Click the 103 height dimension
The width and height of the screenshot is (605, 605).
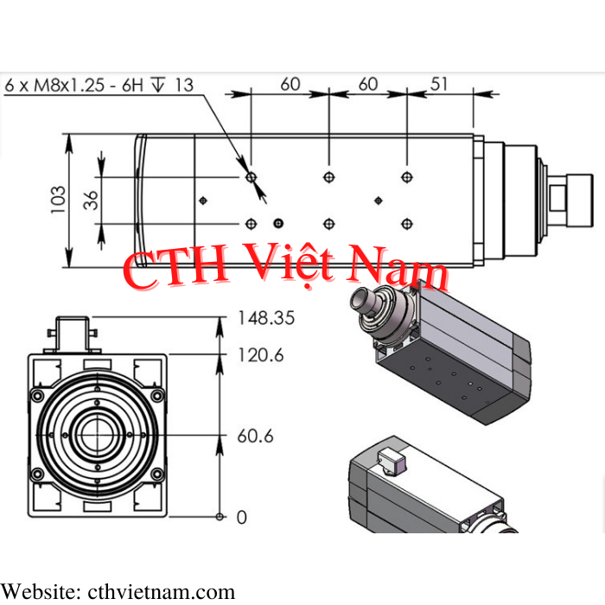click(58, 200)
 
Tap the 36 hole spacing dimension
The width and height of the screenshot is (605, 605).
click(91, 200)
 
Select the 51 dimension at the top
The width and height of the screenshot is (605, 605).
click(439, 84)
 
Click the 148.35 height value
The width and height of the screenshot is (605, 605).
click(266, 318)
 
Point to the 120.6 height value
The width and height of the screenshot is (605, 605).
click(261, 355)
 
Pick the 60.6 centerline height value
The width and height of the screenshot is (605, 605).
click(255, 436)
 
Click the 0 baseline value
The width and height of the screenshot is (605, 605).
click(241, 517)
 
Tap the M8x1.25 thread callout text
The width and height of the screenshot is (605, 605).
click(69, 86)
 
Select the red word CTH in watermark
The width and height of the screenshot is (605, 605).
click(175, 267)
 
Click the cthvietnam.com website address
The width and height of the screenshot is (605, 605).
click(162, 592)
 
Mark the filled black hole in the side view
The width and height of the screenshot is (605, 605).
click(278, 223)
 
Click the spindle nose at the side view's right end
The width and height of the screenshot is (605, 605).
click(571, 201)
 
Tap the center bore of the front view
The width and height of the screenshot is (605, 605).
click(97, 435)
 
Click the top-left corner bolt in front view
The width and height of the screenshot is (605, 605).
click(37, 396)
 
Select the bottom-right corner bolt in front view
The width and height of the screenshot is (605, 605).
click(157, 474)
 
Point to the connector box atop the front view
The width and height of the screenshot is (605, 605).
click(72, 334)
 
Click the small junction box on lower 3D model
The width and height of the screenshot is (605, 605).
click(391, 462)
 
